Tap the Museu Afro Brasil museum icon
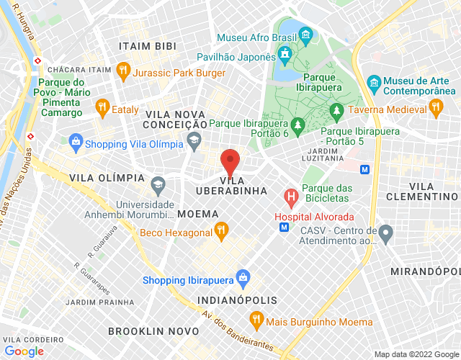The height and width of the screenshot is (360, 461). coord(306,34)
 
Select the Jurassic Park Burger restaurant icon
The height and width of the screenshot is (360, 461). coord(123,71)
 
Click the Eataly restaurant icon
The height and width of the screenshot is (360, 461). coord(102,108)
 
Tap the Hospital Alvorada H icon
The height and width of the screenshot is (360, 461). coord(291,196)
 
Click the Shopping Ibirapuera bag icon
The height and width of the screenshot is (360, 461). coord(243,276)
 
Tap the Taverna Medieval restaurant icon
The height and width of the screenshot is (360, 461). coord(434,107)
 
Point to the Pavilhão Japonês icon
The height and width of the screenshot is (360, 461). coord(285,54)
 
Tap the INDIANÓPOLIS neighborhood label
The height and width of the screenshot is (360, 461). coord(237,300)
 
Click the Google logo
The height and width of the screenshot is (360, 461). coord(24,351)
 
